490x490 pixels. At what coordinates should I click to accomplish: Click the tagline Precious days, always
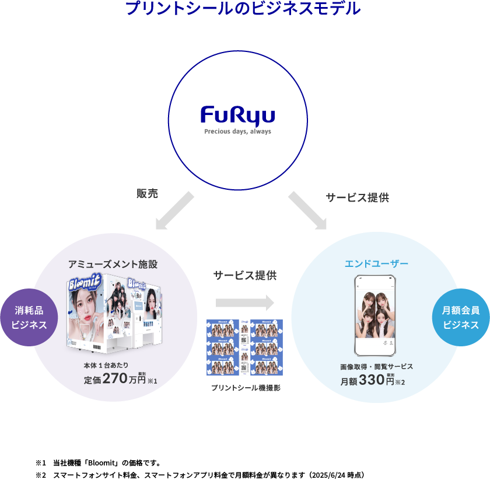[x=237, y=131]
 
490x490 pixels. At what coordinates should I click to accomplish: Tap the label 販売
[x=148, y=194]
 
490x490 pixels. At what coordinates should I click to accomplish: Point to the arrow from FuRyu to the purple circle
[x=174, y=210]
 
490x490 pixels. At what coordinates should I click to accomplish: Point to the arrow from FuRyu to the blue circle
[x=307, y=210]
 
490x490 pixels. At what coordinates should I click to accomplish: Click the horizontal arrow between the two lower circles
[x=244, y=303]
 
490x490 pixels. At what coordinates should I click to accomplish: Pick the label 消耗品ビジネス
[x=29, y=318]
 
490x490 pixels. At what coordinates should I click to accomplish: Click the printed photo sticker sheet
[x=244, y=347]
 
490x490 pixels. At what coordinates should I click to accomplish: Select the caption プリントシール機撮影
[x=246, y=388]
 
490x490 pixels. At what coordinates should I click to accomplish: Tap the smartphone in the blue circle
[x=376, y=316]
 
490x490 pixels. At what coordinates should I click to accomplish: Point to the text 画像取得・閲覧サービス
[x=376, y=366]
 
